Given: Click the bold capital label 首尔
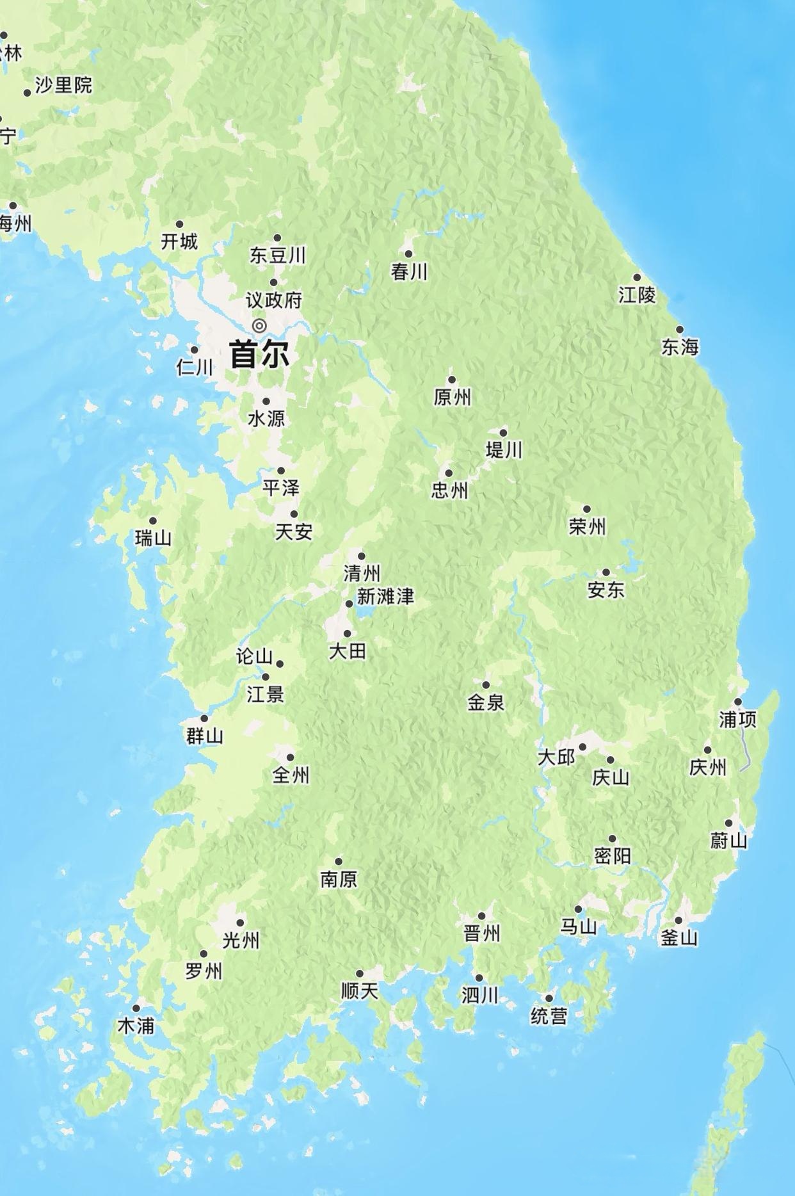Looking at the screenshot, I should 259,354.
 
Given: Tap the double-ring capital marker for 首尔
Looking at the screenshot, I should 259,326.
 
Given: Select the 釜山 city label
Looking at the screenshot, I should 679,938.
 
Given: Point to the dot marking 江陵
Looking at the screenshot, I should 637,278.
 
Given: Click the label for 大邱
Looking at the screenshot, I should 556,757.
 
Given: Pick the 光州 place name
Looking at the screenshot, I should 241,940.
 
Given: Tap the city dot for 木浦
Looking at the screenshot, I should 136,1008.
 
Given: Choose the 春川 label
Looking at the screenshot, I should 409,271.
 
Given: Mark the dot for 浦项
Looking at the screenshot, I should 738,702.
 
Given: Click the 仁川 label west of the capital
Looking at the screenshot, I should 195,367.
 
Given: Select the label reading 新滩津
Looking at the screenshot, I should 385,597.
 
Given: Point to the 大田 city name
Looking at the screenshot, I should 348,651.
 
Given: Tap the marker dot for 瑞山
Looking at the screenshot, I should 153,521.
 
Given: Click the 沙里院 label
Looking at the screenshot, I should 63,85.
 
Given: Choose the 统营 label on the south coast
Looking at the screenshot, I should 549,1015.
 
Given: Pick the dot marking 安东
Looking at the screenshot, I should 606,572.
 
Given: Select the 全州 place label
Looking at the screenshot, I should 291,775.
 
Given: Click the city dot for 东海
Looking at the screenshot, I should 680,330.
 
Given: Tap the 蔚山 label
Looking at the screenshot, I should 729,840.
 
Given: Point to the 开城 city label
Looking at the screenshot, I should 179,241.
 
